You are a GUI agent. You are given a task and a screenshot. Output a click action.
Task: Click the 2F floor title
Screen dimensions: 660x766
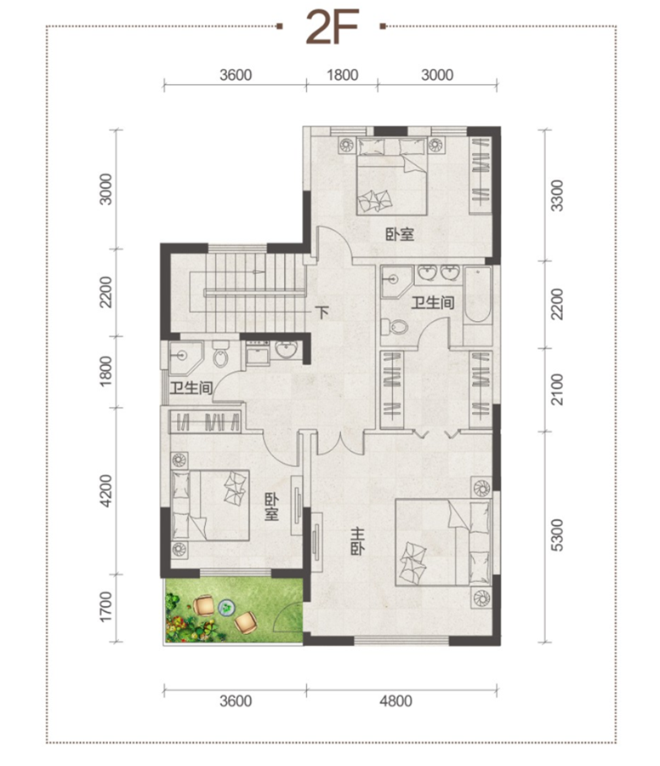pos(333,28)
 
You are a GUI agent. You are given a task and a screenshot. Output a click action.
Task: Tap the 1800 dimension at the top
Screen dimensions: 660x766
pos(342,75)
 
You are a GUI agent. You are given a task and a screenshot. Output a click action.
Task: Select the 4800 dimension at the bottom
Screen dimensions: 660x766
pos(395,701)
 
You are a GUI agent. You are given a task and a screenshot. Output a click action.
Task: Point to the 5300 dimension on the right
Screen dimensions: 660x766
pos(556,535)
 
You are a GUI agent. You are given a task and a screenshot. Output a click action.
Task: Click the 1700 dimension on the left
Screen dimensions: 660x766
pos(105,607)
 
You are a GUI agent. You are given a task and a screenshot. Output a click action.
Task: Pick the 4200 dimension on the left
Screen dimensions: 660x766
pos(105,490)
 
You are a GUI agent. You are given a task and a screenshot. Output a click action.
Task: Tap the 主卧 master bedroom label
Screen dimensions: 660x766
pos(358,541)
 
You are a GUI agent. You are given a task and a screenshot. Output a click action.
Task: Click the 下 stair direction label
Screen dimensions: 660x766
pos(321,312)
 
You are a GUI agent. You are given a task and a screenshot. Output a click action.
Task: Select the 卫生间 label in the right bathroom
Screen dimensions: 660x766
pos(433,302)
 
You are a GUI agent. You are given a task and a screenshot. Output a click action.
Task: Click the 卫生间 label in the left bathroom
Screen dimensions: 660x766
pos(191,388)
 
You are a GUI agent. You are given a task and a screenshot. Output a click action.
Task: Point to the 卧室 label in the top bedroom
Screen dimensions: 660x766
pos(400,235)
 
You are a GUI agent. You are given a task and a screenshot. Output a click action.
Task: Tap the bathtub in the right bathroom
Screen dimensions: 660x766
pos(477,294)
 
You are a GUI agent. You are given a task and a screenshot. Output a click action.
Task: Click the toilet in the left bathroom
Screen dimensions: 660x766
pos(220,355)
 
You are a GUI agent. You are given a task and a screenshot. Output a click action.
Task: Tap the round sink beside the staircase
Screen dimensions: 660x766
pos(286,349)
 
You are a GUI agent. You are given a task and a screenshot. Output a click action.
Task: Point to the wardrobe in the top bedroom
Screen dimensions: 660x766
pos(481,174)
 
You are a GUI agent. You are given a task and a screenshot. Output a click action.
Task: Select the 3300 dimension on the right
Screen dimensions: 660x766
pos(556,196)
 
